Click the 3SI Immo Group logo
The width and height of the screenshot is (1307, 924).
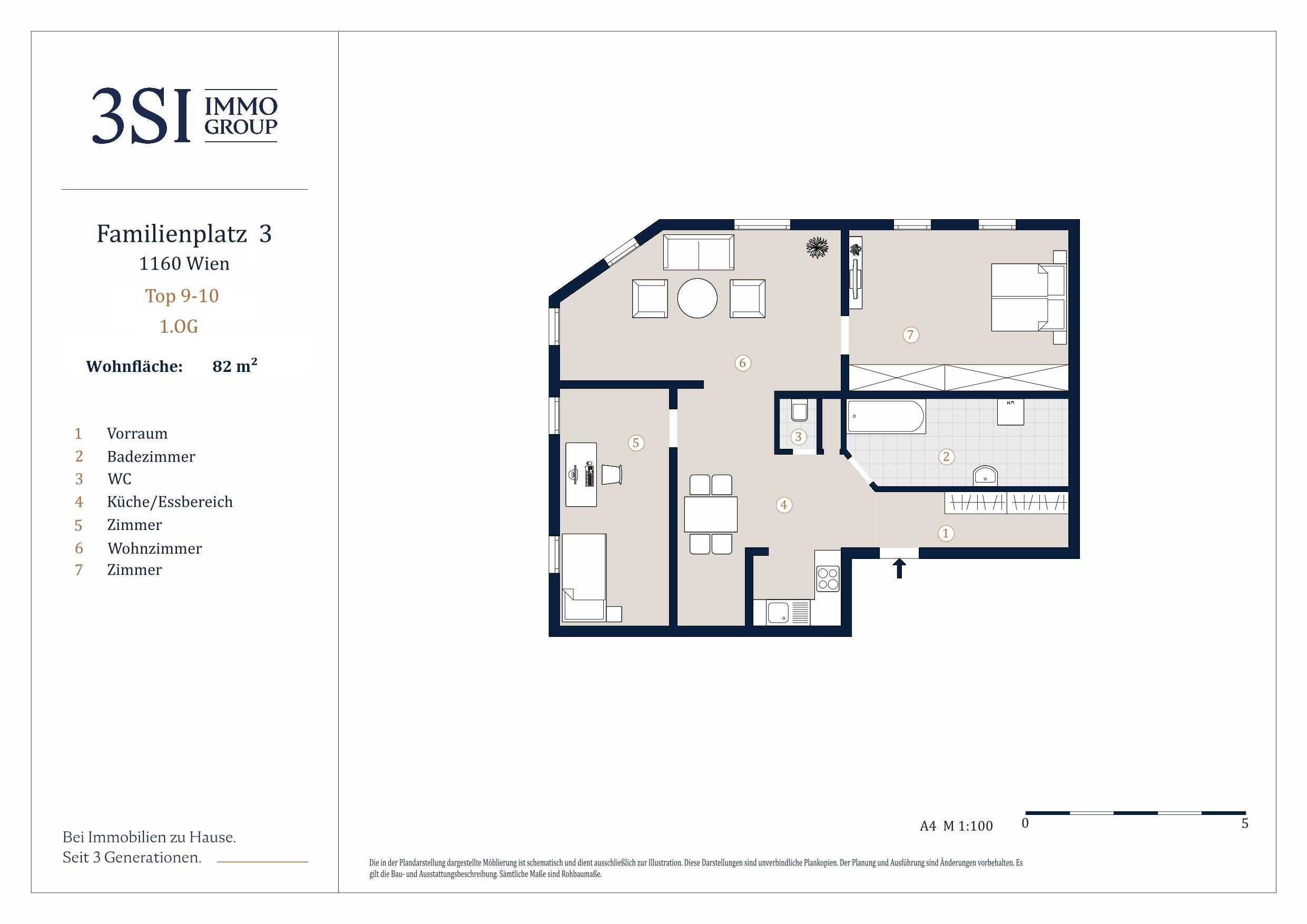click(x=184, y=115)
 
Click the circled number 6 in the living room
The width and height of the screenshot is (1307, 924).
click(x=742, y=362)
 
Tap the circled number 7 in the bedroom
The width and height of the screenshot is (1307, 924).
click(x=910, y=335)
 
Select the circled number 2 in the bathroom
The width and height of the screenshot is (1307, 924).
click(x=946, y=456)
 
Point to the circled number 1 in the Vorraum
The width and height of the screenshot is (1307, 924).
click(x=946, y=534)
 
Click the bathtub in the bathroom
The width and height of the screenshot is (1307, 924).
click(x=886, y=417)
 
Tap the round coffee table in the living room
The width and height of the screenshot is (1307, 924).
click(x=697, y=298)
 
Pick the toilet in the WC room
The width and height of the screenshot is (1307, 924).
click(x=799, y=411)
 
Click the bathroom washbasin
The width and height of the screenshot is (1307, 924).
click(x=985, y=475)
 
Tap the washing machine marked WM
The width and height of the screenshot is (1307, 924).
click(x=1010, y=411)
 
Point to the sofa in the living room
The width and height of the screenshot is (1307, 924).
click(x=699, y=252)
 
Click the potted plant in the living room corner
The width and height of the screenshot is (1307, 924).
click(x=817, y=248)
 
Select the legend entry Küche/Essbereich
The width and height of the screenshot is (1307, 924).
click(x=170, y=502)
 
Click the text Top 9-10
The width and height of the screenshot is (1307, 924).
click(x=182, y=296)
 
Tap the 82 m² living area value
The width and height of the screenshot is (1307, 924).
click(x=234, y=365)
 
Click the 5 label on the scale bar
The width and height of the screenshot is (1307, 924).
click(x=1245, y=823)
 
